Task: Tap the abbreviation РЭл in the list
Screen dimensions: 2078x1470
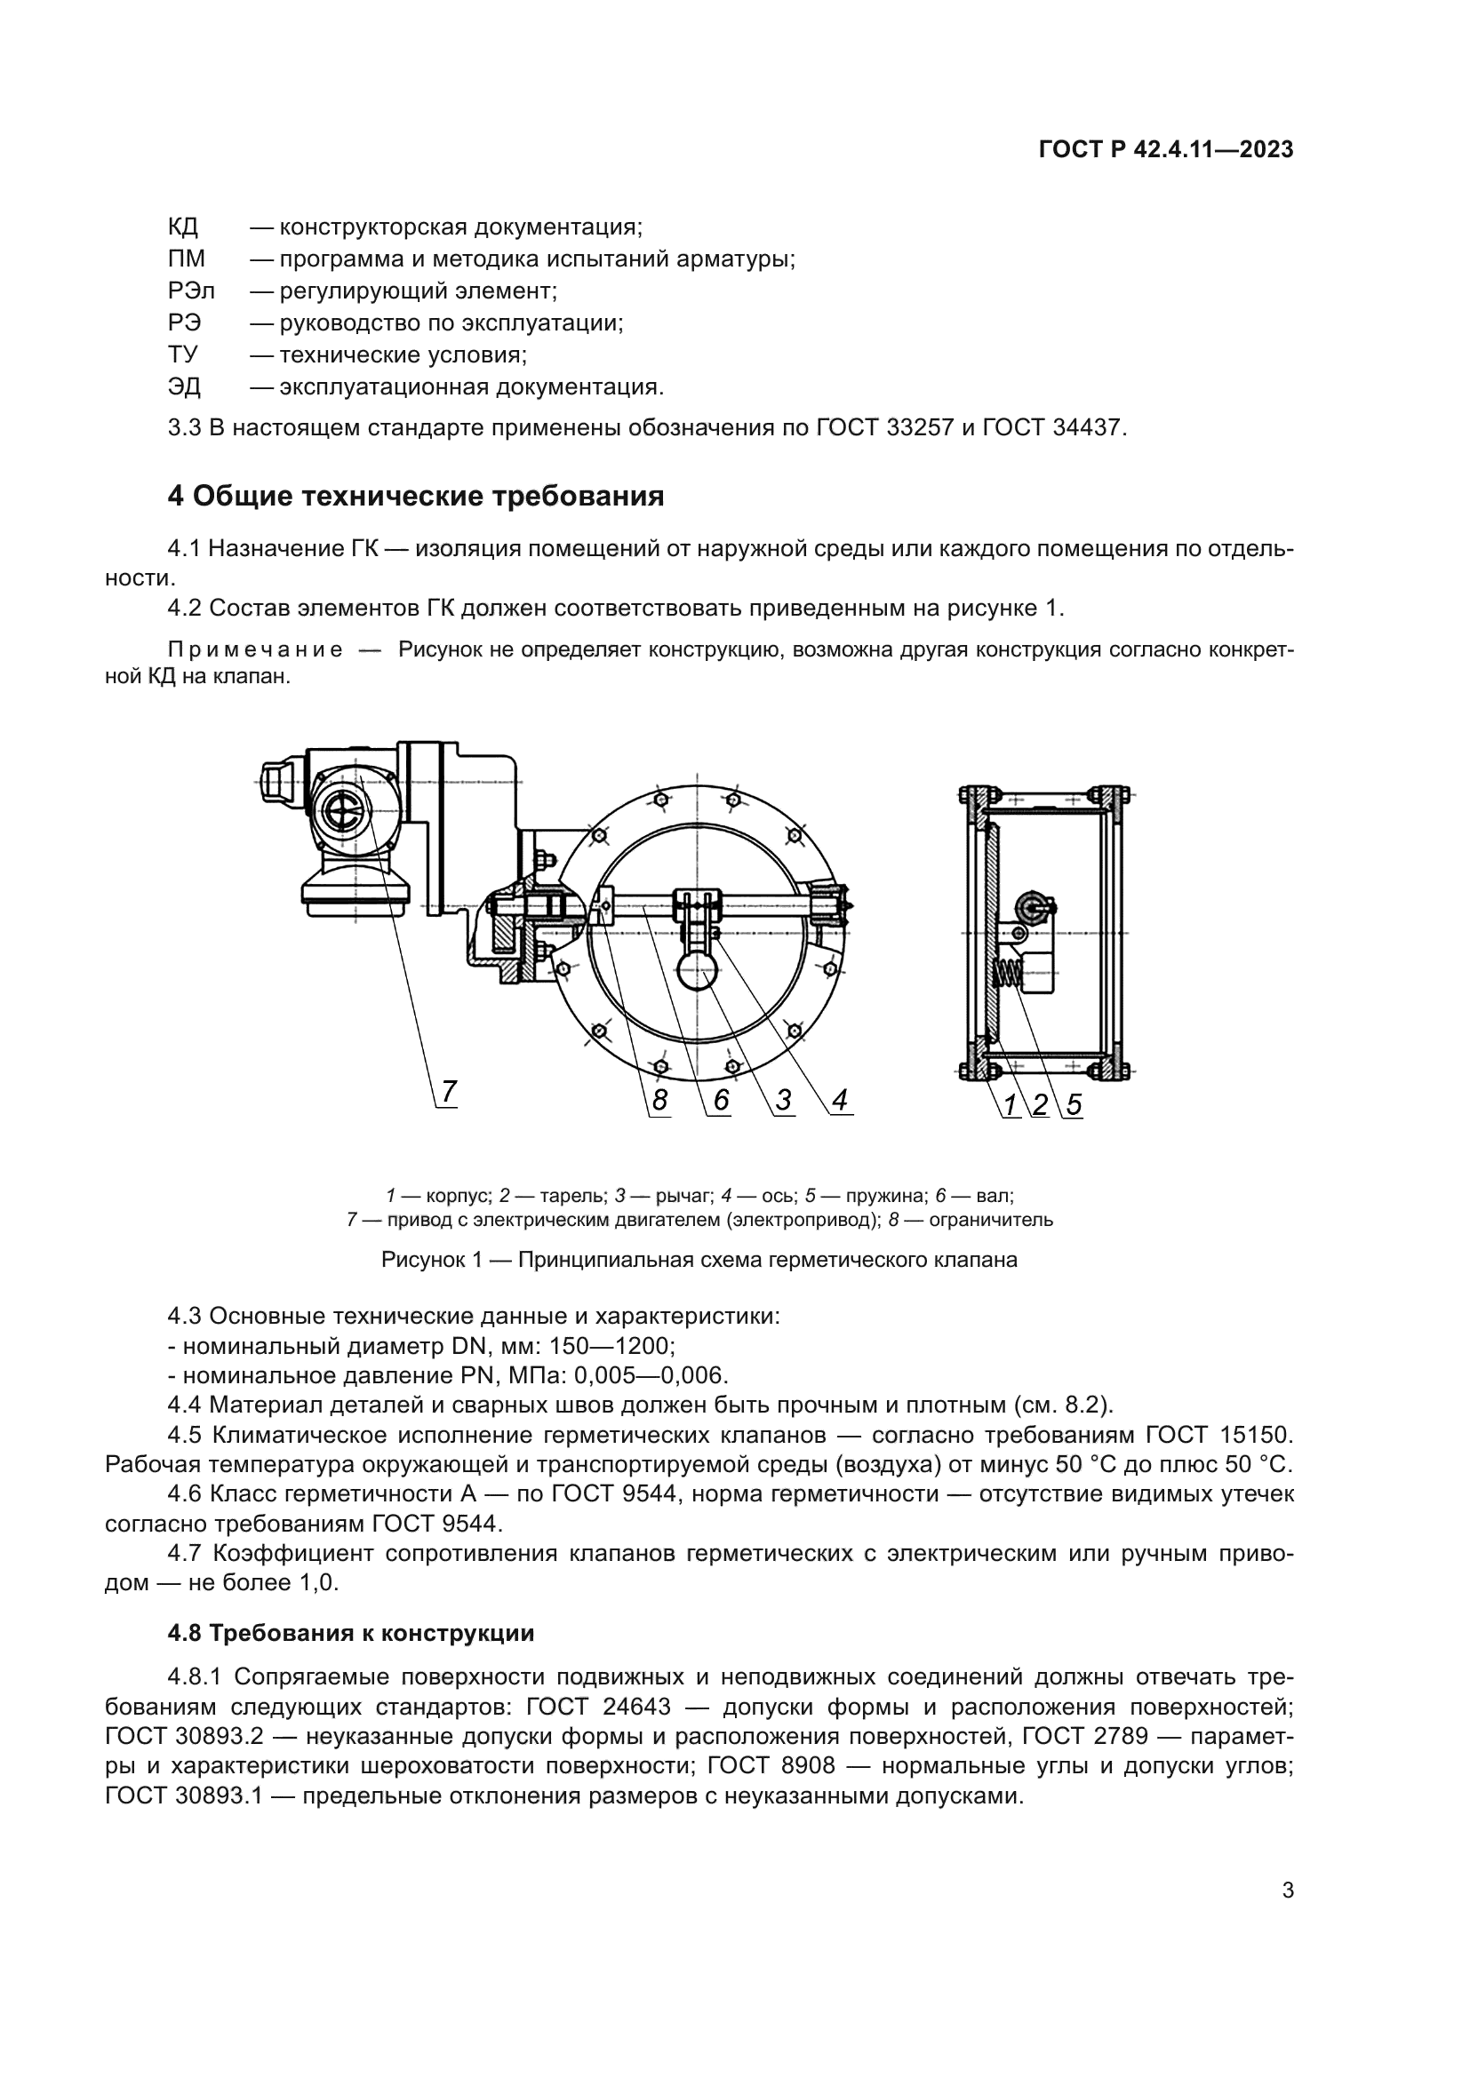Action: tap(191, 291)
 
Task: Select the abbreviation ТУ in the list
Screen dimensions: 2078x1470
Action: tap(183, 354)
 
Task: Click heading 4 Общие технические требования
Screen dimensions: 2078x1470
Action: tap(415, 496)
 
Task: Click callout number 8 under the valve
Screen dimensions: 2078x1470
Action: tap(659, 1100)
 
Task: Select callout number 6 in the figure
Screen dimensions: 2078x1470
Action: tap(721, 1100)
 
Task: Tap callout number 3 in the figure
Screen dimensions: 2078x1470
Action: tap(784, 1100)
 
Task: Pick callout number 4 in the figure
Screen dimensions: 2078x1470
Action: tap(840, 1100)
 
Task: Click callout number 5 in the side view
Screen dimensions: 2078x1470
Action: tap(1074, 1104)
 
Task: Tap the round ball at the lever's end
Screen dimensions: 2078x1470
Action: tap(697, 976)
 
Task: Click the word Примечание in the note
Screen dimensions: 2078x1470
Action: tap(255, 650)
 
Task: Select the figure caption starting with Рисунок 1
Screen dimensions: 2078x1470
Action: tap(699, 1260)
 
